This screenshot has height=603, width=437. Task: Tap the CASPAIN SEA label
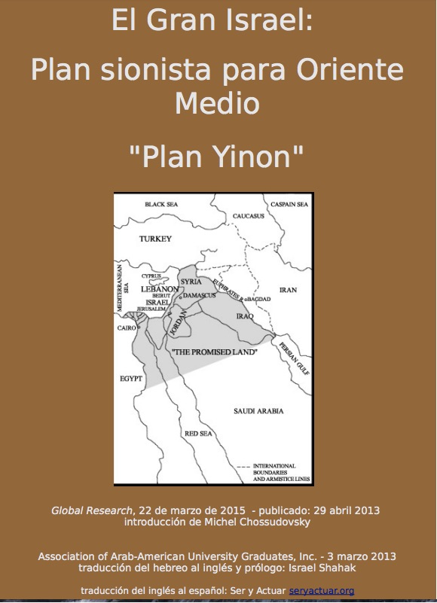point(291,205)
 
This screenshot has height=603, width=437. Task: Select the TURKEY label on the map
point(156,239)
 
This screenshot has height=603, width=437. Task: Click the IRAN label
point(288,289)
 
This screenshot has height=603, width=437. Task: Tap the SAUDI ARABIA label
point(258,411)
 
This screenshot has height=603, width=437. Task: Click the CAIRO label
point(126,328)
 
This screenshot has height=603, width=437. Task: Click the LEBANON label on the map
point(160,288)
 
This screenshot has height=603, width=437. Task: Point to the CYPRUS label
point(151,276)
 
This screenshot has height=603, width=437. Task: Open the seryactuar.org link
point(321,591)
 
